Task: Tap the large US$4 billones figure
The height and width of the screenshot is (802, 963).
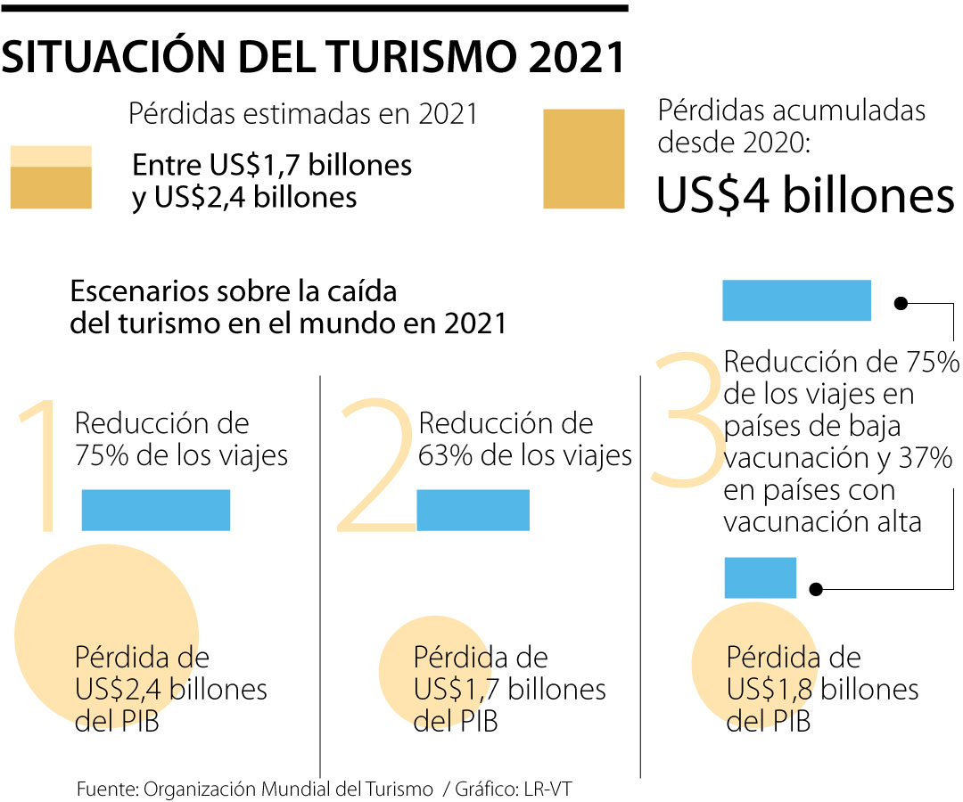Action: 804,196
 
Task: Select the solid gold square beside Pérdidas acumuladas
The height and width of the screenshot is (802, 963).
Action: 584,159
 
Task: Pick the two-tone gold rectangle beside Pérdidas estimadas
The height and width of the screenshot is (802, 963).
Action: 50,177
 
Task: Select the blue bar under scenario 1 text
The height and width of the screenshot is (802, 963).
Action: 156,511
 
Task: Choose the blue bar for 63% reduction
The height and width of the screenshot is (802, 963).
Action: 473,511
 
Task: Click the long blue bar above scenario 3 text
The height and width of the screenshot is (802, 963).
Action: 796,300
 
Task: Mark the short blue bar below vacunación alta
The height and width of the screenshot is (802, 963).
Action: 760,577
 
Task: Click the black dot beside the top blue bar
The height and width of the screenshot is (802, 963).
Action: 901,303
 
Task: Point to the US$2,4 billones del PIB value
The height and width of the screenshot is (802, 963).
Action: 171,690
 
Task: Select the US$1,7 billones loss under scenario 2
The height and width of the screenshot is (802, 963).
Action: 509,690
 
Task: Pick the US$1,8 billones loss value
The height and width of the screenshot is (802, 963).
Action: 822,690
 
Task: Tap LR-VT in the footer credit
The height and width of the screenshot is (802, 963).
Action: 560,790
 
